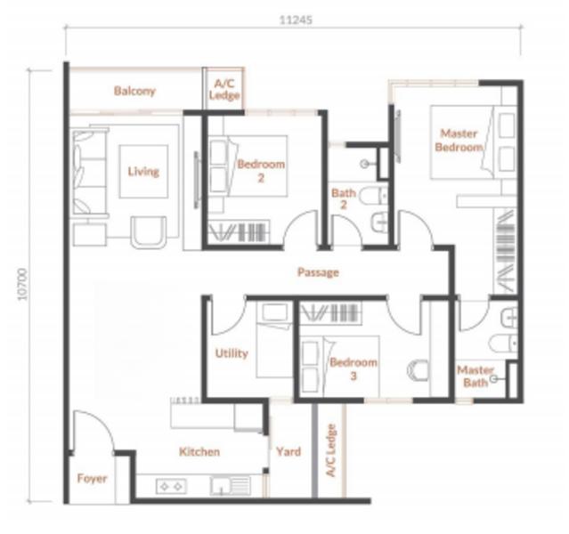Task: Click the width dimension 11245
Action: coord(296,20)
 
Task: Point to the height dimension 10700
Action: coord(22,284)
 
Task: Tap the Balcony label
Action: coord(134,91)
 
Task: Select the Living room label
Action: coord(143,171)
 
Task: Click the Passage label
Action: coord(318,272)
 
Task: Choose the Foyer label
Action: coord(92,479)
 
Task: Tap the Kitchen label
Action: coord(199,451)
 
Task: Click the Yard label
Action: coord(289,451)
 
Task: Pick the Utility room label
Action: coord(232,353)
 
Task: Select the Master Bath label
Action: coord(476,376)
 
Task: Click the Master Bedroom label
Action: coord(459,141)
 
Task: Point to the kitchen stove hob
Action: coord(171,487)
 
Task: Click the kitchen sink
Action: coord(230,486)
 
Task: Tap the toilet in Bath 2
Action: coord(374,197)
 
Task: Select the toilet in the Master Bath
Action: coord(503,344)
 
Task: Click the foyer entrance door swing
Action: coord(93,432)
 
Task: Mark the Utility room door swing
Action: coord(229,316)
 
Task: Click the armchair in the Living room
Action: coord(149,232)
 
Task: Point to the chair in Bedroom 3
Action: coord(418,370)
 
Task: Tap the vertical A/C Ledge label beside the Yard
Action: coord(331,450)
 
